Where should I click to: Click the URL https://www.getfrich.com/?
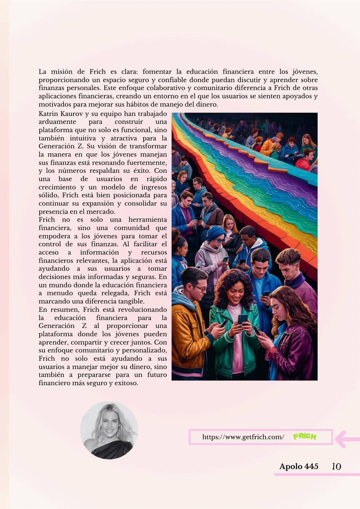pyautogui.click(x=243, y=437)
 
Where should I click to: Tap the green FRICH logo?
pyautogui.click(x=304, y=437)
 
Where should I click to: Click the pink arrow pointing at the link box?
pyautogui.click(x=346, y=439)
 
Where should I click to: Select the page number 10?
pyautogui.click(x=336, y=466)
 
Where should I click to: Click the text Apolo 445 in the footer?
pyautogui.click(x=299, y=467)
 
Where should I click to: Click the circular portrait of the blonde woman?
pyautogui.click(x=109, y=430)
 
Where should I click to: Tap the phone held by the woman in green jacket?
pyautogui.click(x=242, y=319)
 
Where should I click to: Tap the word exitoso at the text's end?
pyautogui.click(x=126, y=383)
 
